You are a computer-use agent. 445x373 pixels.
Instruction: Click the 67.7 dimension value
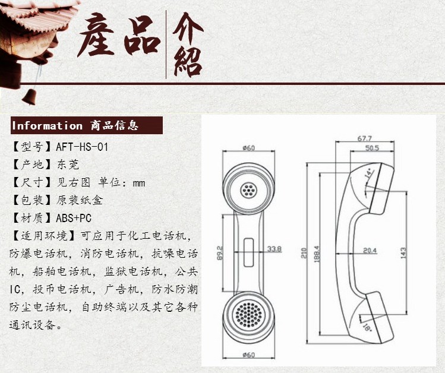(365, 138)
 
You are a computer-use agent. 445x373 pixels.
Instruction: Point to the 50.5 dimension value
(372, 148)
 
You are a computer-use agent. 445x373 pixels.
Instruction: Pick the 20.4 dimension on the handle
(370, 251)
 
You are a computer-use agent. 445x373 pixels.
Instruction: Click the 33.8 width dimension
(274, 249)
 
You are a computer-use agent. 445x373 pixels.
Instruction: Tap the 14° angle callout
(368, 175)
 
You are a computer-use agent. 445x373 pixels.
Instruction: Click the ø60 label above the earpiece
(249, 148)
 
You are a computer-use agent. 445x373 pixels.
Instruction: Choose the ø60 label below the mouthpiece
(248, 355)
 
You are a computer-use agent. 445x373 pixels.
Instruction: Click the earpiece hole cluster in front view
(248, 190)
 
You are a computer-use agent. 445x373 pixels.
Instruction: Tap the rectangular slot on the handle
(248, 252)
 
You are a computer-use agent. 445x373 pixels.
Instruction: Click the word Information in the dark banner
(47, 125)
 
